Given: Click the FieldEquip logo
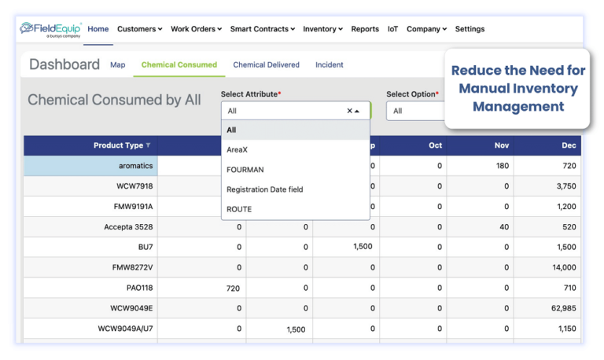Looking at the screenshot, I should click(x=51, y=29).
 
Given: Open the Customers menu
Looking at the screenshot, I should click(x=139, y=29).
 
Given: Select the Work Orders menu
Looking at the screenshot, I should click(x=196, y=29).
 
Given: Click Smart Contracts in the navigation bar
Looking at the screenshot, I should click(x=262, y=29).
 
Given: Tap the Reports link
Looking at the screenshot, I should click(x=365, y=29).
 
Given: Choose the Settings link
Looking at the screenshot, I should click(x=470, y=29).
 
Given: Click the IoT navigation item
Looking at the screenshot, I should click(x=392, y=29).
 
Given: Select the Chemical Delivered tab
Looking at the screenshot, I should click(x=266, y=64).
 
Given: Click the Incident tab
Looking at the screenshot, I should click(x=329, y=64).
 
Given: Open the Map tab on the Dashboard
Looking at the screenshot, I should click(x=118, y=64).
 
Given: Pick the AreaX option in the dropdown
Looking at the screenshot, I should click(x=238, y=149).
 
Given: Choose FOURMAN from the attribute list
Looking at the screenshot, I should click(x=245, y=169).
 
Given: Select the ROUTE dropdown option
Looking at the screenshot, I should click(x=239, y=209).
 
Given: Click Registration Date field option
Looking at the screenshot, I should click(x=264, y=189).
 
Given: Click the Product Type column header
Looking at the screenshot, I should click(x=118, y=145).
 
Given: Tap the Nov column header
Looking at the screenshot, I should click(x=502, y=145).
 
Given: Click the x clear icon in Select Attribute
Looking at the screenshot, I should click(x=349, y=111).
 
